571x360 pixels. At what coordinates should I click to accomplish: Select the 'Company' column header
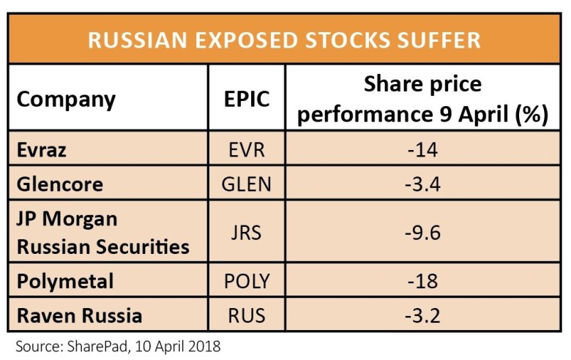pos(66,99)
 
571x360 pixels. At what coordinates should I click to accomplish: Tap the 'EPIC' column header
pos(246,99)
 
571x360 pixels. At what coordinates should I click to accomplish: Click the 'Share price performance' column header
pos(424,99)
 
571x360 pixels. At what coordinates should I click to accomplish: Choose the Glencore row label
pos(59,184)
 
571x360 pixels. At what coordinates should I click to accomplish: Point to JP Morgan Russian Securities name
pos(102,233)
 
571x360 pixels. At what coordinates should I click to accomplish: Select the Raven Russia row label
pos(79,316)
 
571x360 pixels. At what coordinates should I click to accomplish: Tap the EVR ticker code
pos(246,151)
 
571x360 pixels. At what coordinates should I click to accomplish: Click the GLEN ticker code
pos(246,184)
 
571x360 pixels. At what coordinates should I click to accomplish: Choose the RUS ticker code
pos(246,316)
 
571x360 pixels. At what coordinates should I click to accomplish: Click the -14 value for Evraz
pos(425,151)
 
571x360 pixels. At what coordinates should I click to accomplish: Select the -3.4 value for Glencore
pos(425,184)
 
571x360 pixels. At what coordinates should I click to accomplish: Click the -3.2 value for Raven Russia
pos(425,316)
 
